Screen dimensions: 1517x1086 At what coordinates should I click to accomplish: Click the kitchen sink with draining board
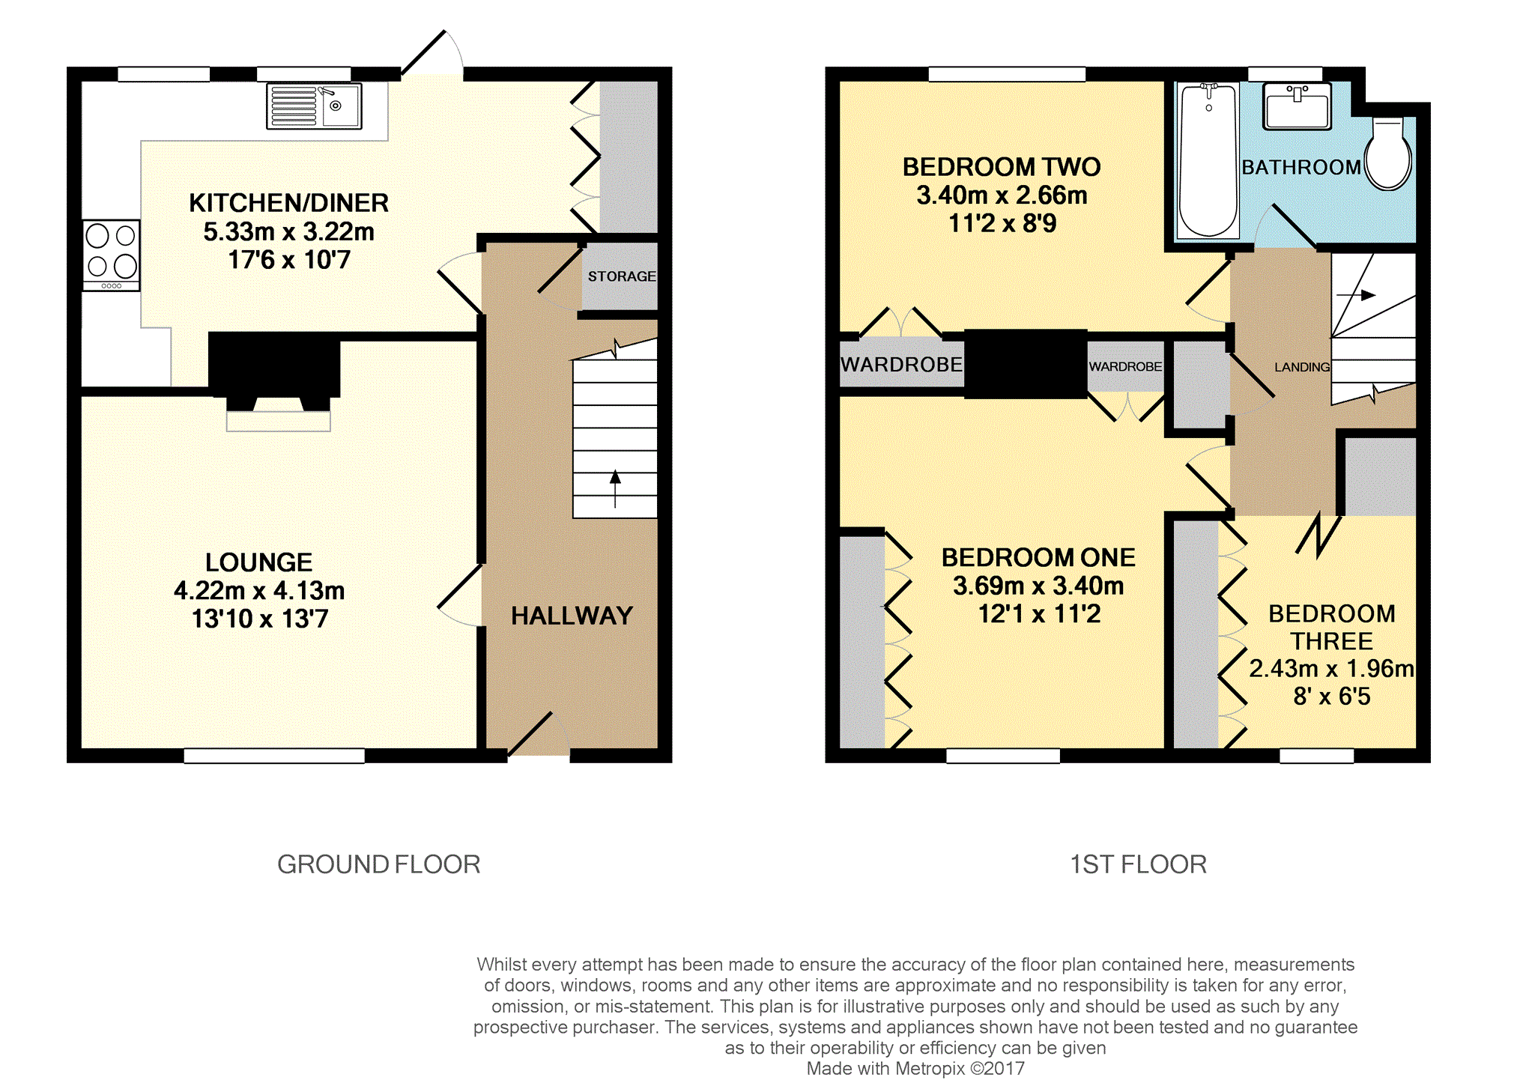(x=314, y=106)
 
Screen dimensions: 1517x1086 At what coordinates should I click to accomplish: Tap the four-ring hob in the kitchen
(x=111, y=255)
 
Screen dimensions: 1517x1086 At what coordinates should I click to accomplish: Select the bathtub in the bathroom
(x=1208, y=160)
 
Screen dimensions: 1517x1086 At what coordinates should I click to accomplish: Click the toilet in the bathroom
(x=1388, y=153)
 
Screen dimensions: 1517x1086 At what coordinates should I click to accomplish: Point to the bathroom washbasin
(x=1297, y=106)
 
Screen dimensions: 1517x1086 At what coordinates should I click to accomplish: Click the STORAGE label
(x=622, y=276)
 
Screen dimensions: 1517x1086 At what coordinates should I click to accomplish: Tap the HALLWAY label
(x=572, y=616)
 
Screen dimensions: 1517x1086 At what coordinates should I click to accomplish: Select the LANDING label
(x=1302, y=367)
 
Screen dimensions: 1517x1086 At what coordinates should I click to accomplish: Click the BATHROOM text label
(x=1301, y=167)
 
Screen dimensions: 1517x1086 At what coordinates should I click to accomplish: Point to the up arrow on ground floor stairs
(x=615, y=488)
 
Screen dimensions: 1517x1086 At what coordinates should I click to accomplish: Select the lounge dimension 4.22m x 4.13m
(x=259, y=590)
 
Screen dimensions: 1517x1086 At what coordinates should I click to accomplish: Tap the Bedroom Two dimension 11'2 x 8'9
(x=1002, y=223)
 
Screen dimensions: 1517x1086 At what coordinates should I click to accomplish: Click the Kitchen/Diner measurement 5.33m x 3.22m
(x=289, y=231)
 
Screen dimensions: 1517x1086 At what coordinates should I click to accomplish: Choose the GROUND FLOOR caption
(x=378, y=864)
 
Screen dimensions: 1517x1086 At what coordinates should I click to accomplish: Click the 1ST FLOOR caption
(x=1138, y=864)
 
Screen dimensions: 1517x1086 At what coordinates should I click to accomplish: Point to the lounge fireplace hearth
(x=279, y=421)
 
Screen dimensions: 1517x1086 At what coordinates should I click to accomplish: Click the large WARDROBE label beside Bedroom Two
(x=901, y=365)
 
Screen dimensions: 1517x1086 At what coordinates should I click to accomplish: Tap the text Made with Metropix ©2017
(x=915, y=1069)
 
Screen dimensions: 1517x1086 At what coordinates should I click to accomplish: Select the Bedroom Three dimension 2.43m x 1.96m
(x=1331, y=668)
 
